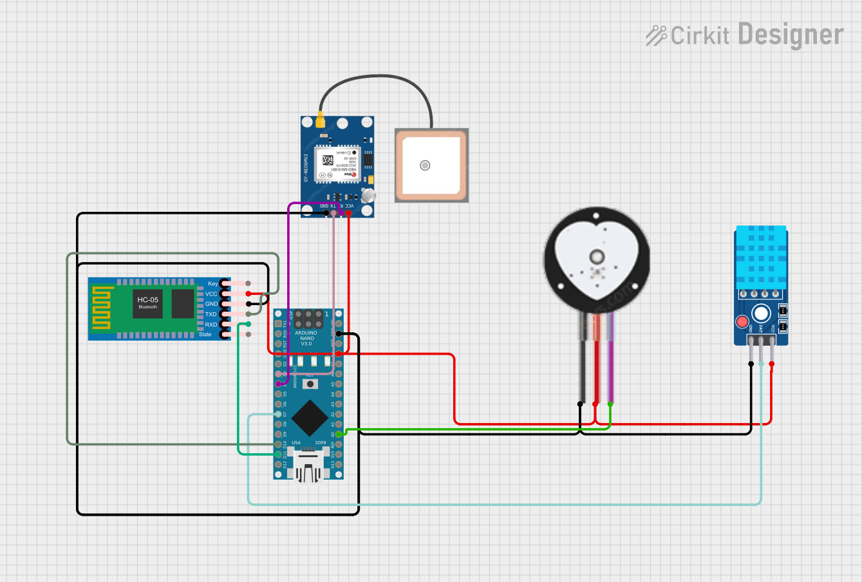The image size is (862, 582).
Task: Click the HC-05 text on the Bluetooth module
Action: pyautogui.click(x=147, y=300)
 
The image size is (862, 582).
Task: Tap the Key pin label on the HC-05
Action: pyautogui.click(x=212, y=284)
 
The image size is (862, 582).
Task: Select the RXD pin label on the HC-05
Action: pyautogui.click(x=211, y=324)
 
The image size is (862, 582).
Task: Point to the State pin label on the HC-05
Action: pyautogui.click(x=205, y=335)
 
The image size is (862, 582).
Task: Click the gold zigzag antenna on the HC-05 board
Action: pyautogui.click(x=102, y=309)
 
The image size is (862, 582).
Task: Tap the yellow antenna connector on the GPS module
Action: pyautogui.click(x=319, y=120)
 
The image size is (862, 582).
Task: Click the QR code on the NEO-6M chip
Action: pyautogui.click(x=328, y=160)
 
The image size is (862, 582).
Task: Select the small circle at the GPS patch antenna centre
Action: pyautogui.click(x=425, y=165)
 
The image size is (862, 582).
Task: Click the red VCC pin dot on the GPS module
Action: pyautogui.click(x=348, y=213)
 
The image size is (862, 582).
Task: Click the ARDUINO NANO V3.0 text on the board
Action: pyautogui.click(x=307, y=338)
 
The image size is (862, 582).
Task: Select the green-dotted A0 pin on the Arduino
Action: pyautogui.click(x=339, y=434)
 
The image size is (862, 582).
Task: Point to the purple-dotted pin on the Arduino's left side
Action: pyautogui.click(x=279, y=384)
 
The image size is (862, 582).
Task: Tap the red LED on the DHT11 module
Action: pyautogui.click(x=742, y=322)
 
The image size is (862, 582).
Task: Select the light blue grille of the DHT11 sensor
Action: pyautogui.click(x=761, y=257)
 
